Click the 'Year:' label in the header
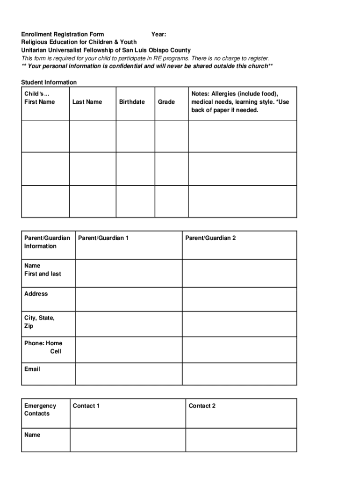pos(158,34)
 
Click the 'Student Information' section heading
pos(49,82)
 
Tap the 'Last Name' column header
pos(87,102)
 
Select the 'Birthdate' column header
pos(132,102)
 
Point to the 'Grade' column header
pos(166,102)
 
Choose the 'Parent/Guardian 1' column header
pos(103,238)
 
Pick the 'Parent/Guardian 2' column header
pos(210,238)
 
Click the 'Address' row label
pos(36,294)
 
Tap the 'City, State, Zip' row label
pos(39,322)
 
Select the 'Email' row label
pos(32,369)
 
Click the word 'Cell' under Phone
pos(56,351)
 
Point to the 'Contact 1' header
pos(86,406)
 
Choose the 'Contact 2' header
pos(202,406)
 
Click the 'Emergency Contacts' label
pos(40,410)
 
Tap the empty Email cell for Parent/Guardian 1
pos(129,374)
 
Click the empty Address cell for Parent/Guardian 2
pos(239,299)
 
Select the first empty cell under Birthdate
pos(134,136)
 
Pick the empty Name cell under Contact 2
pos(241,440)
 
